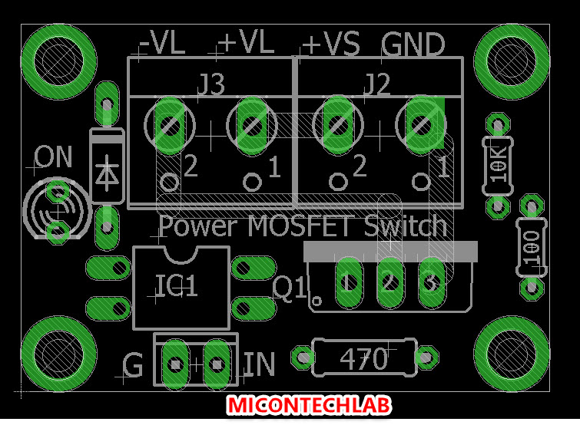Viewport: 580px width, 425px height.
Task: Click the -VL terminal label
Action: [162, 44]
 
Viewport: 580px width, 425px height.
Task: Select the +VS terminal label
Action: [332, 44]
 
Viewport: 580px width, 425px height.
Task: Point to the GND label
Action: [413, 44]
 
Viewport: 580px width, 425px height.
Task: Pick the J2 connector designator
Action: [376, 84]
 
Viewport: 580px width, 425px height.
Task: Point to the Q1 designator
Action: [290, 288]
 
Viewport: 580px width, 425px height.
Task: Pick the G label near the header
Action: [133, 366]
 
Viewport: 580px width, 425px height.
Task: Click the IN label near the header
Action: [259, 364]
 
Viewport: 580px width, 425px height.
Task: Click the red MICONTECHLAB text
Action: [309, 404]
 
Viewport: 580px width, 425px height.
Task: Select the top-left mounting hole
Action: [58, 60]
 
